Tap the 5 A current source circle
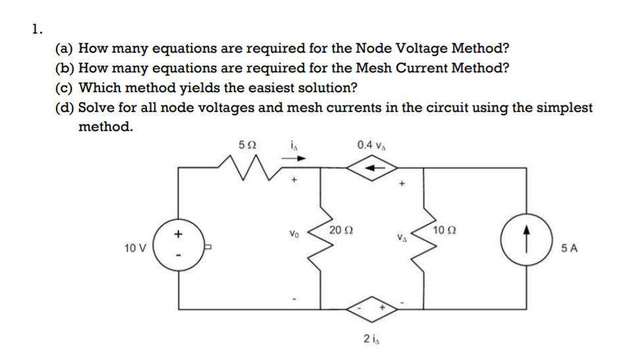pyautogui.click(x=526, y=242)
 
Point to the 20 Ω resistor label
pyautogui.click(x=339, y=230)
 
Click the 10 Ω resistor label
pyautogui.click(x=443, y=230)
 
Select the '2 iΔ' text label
pyautogui.click(x=370, y=340)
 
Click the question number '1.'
pyautogui.click(x=37, y=28)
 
